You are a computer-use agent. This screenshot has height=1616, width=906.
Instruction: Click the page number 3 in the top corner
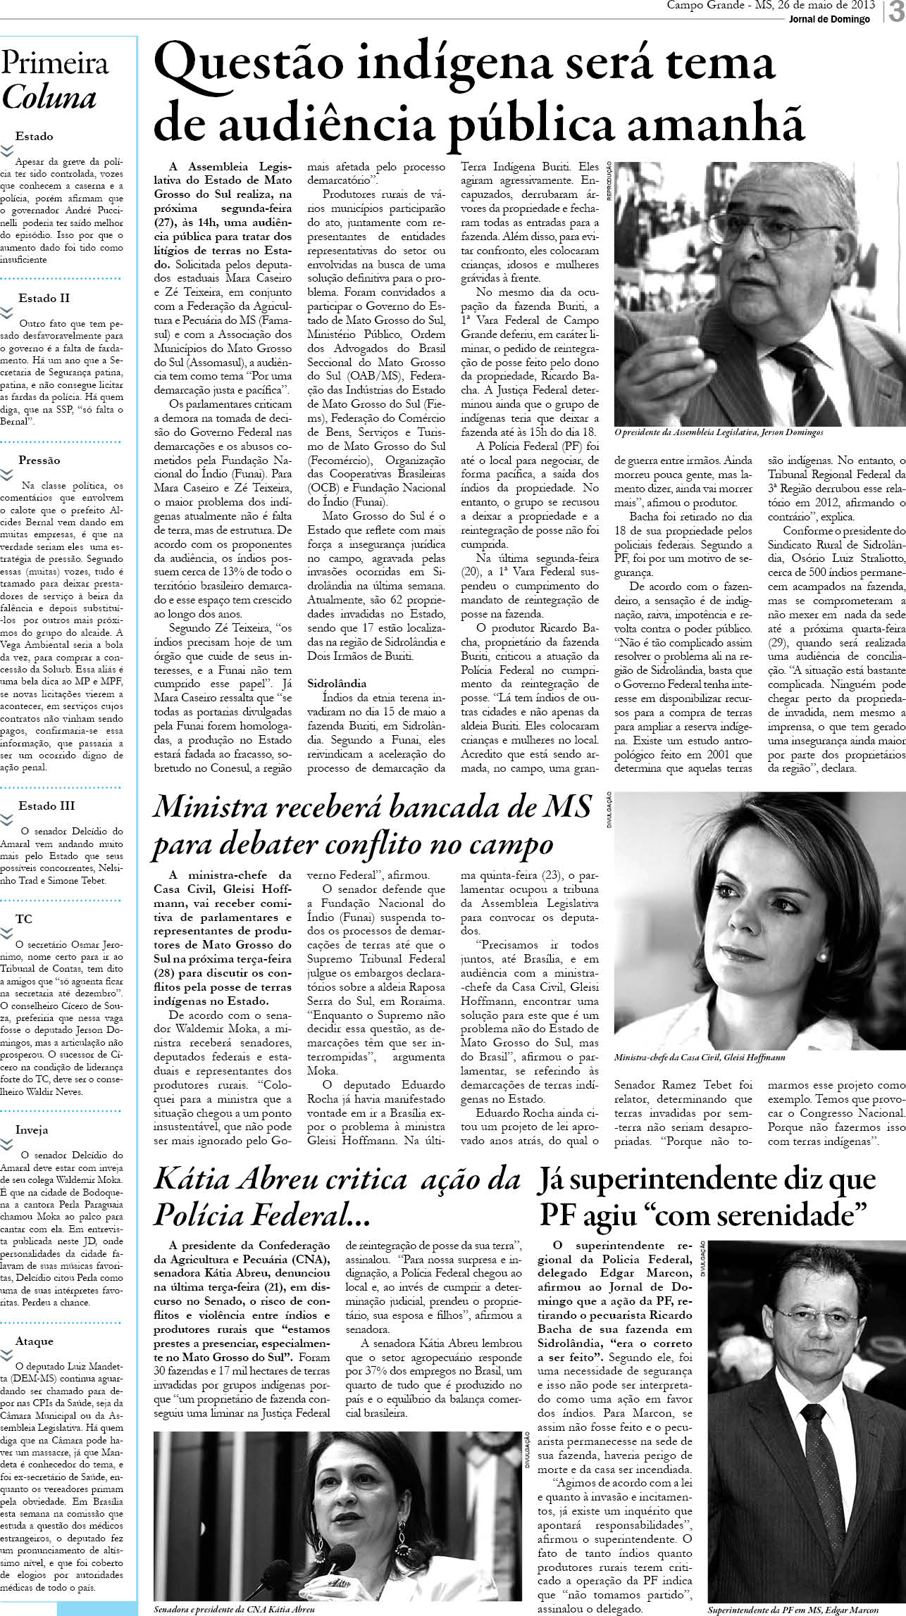tap(896, 13)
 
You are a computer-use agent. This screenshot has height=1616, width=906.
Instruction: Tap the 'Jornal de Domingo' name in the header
tap(829, 19)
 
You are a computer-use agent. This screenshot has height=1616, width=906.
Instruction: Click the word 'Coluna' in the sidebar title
tap(49, 97)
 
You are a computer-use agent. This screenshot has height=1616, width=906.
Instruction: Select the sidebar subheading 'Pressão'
tap(39, 460)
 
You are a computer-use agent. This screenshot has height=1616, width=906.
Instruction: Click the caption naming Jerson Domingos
tap(719, 432)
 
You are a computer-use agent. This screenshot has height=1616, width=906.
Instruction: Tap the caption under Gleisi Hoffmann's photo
tap(700, 1058)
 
